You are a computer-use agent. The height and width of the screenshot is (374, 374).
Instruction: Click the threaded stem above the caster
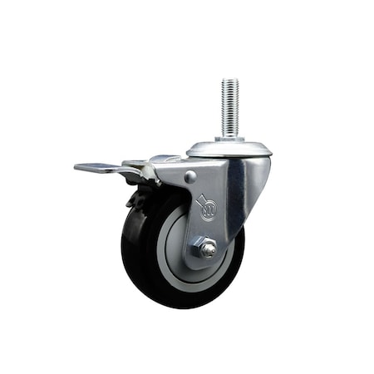pos(229,104)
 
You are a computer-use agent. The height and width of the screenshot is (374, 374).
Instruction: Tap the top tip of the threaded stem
pos(229,81)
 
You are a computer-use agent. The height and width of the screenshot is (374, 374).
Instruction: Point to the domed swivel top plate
pos(229,149)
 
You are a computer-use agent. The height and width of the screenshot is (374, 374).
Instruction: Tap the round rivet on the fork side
pos(190,176)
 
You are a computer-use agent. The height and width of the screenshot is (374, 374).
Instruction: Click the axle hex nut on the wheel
pos(204,247)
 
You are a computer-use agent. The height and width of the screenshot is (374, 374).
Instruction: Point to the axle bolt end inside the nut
pos(204,247)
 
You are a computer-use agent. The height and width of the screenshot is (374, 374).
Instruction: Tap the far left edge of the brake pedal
pos(76,168)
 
